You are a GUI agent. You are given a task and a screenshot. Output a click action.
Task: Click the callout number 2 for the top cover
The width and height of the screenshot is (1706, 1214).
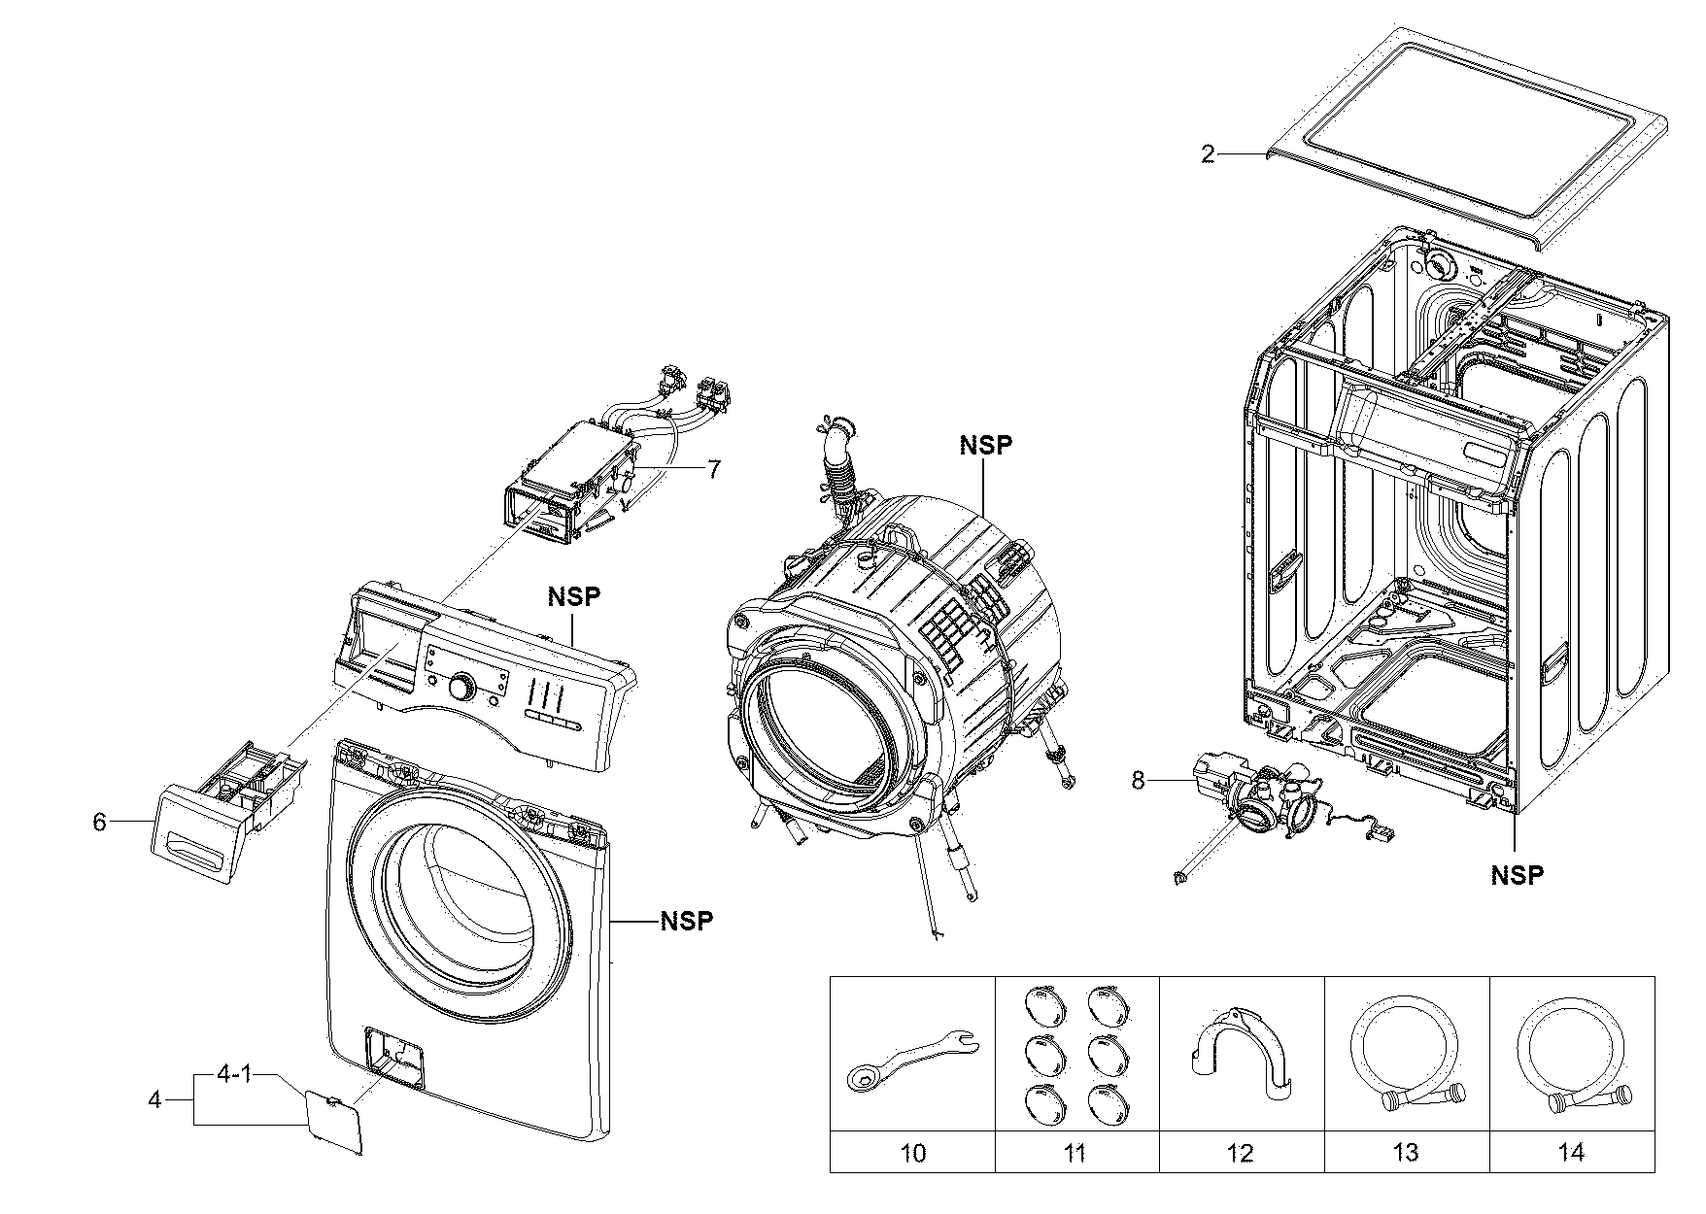[1208, 154]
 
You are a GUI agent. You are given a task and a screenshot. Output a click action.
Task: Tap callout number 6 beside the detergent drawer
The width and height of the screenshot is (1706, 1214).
[98, 822]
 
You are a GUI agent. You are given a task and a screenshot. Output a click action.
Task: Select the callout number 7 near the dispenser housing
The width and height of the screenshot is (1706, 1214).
[714, 470]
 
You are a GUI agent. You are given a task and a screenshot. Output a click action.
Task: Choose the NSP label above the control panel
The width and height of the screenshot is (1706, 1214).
[573, 595]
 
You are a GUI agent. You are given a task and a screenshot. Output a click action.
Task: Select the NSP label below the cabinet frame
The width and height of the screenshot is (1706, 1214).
[1517, 875]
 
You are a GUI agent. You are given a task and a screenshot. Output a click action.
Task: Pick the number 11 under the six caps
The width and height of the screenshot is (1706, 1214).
[1075, 1153]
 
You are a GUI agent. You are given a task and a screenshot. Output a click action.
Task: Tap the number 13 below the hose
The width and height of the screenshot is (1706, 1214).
[1405, 1153]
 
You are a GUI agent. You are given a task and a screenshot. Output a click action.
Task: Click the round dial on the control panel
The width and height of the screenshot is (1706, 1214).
[461, 689]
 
